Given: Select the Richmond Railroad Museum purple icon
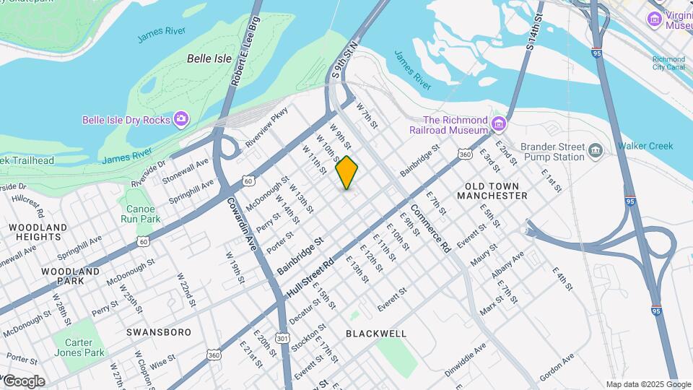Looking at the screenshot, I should [498, 125].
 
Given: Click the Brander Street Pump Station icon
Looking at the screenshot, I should [596, 150].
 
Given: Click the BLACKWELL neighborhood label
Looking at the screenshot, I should [376, 334].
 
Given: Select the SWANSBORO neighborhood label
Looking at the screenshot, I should [159, 332].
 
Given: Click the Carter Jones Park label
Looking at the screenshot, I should [83, 348].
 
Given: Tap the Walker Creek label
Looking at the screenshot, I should [645, 146].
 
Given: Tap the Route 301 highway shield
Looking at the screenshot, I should [283, 338].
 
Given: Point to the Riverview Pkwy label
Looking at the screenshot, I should [266, 127].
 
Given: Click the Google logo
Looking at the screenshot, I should [23, 381].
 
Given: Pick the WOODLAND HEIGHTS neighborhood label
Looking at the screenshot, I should [38, 232].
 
